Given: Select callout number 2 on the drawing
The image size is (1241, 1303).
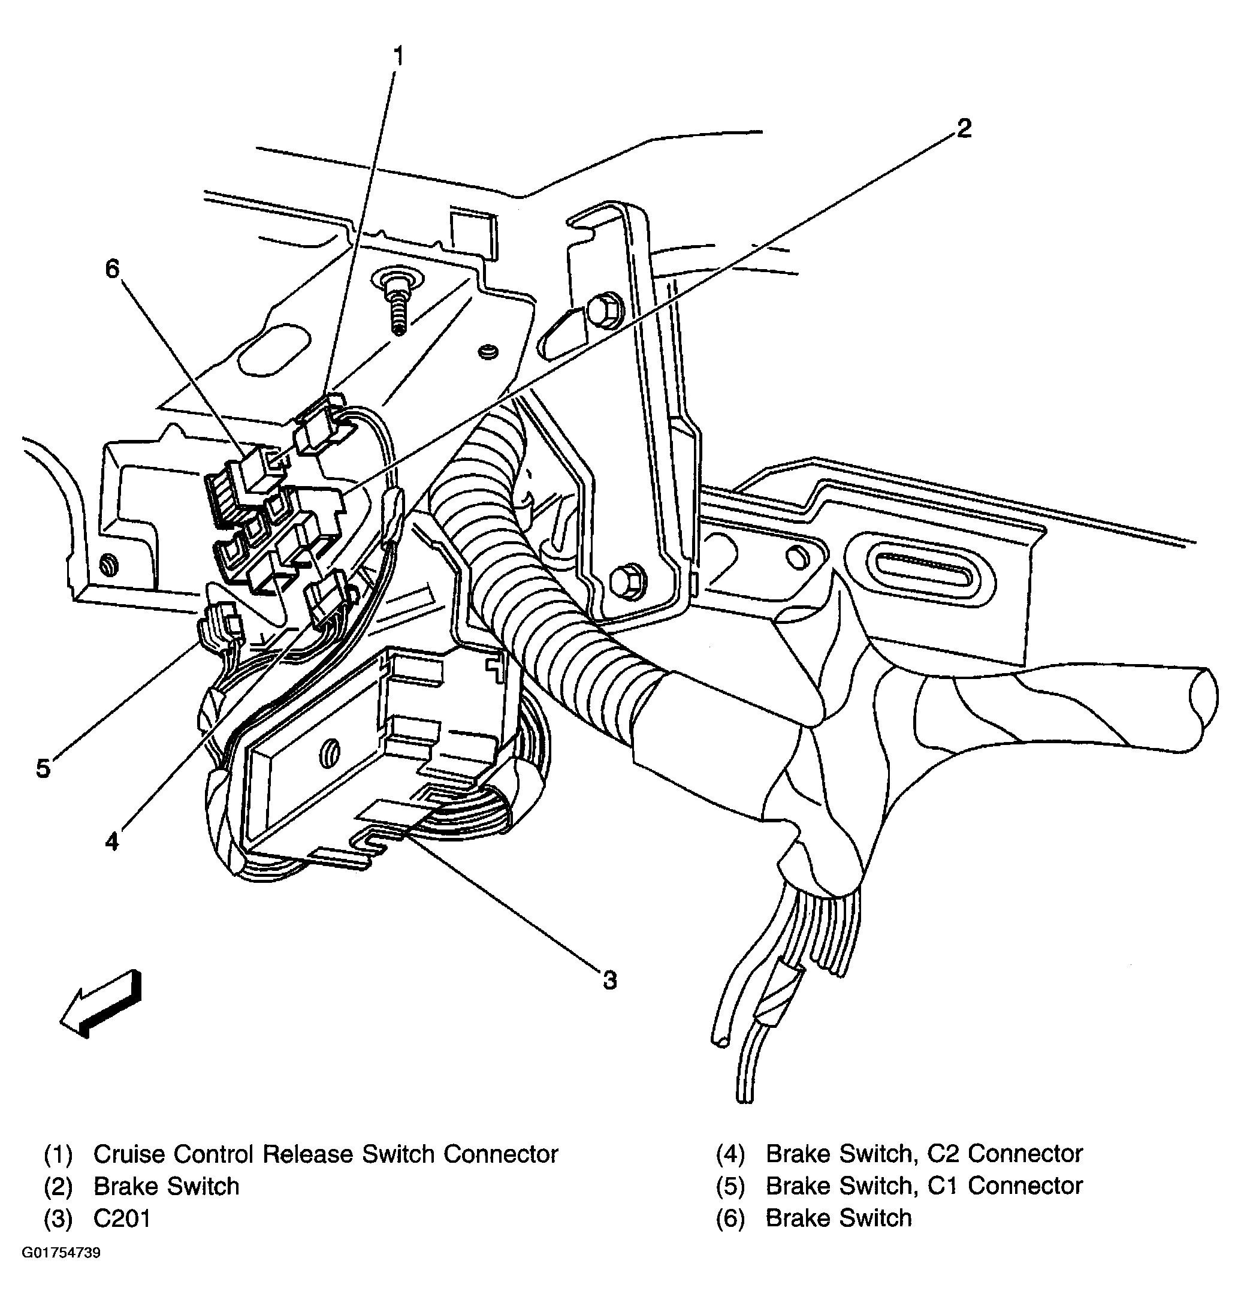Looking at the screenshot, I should pos(964,128).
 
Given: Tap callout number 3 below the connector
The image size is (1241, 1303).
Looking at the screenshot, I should pos(609,980).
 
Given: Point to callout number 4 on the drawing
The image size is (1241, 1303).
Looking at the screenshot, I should pos(112,841).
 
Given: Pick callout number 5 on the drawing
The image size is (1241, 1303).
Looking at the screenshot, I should pos(43,768).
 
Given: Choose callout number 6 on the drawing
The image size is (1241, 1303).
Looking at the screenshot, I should pos(112,269).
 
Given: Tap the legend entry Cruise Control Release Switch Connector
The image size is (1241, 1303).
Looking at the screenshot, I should pos(325,1154).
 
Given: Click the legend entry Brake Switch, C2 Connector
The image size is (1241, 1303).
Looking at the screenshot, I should pos(923,1154).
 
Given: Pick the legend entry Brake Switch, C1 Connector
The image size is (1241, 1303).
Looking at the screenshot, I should pos(923,1186).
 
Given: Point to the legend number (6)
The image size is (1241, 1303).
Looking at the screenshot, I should pos(730,1218).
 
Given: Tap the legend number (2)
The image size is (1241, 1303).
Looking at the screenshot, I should pos(58,1186).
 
